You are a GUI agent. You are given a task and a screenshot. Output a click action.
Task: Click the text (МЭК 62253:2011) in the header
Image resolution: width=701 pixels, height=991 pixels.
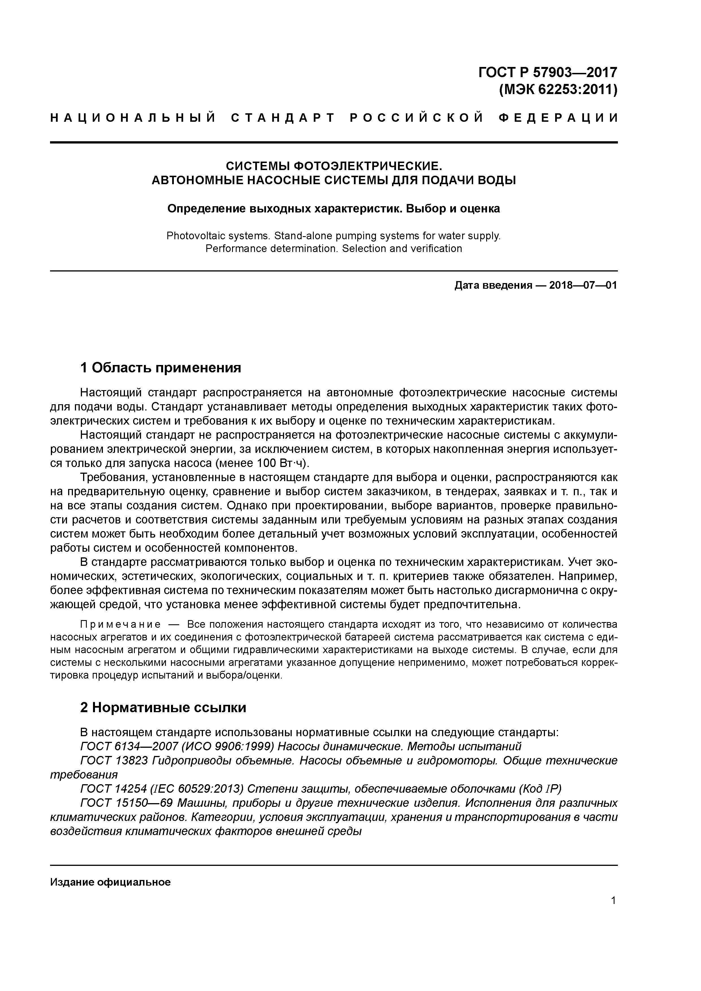pyautogui.click(x=558, y=90)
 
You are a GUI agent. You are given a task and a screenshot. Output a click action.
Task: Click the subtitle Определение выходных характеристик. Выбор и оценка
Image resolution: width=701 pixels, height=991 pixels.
pyautogui.click(x=334, y=209)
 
